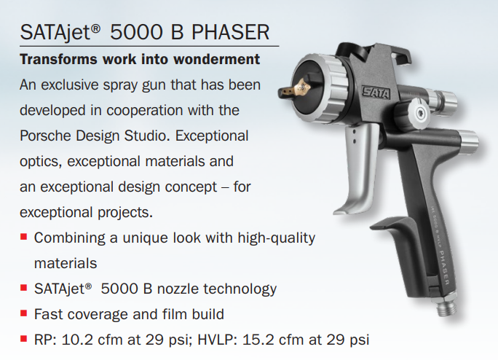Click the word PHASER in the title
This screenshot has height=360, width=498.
point(231,32)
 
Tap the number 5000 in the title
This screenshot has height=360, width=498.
point(137,32)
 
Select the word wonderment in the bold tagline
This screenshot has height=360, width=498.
point(217,59)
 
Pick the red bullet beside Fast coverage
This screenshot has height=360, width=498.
point(23,313)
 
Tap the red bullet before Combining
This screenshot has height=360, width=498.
point(23,237)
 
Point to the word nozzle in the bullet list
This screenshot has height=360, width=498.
point(178,289)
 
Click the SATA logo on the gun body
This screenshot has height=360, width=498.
point(376,93)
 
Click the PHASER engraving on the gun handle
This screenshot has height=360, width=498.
point(444,268)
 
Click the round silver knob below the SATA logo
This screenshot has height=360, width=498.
point(420,111)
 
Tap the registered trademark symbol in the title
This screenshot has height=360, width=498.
point(95,29)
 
